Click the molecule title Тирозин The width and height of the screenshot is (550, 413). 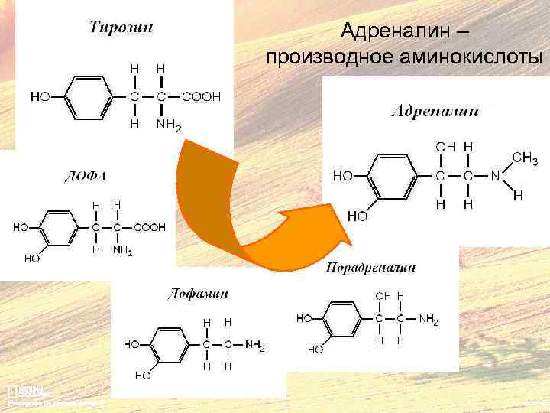click(121, 28)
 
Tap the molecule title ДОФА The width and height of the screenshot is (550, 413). click(85, 177)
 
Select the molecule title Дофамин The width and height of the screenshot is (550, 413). click(197, 293)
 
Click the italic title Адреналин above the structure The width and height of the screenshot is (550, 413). click(435, 111)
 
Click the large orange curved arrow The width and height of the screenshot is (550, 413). click(229, 206)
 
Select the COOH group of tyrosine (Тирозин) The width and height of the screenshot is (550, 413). click(202, 97)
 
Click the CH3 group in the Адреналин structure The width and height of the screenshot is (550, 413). click(524, 159)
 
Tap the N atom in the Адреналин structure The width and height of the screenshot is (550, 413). click(495, 176)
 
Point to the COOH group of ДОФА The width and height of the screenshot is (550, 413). click(149, 227)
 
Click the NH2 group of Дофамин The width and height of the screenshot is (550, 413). click(254, 346)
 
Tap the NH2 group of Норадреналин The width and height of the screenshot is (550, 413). click(429, 318)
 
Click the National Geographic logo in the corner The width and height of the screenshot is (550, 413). click(17, 389)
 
